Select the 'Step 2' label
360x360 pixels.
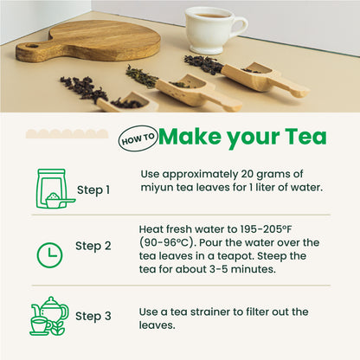tap(93, 246)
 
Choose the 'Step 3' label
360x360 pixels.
tap(93, 316)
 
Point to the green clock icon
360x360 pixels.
tap(49, 254)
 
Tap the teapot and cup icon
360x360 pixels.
tap(48, 317)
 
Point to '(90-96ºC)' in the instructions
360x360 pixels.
tap(170, 242)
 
